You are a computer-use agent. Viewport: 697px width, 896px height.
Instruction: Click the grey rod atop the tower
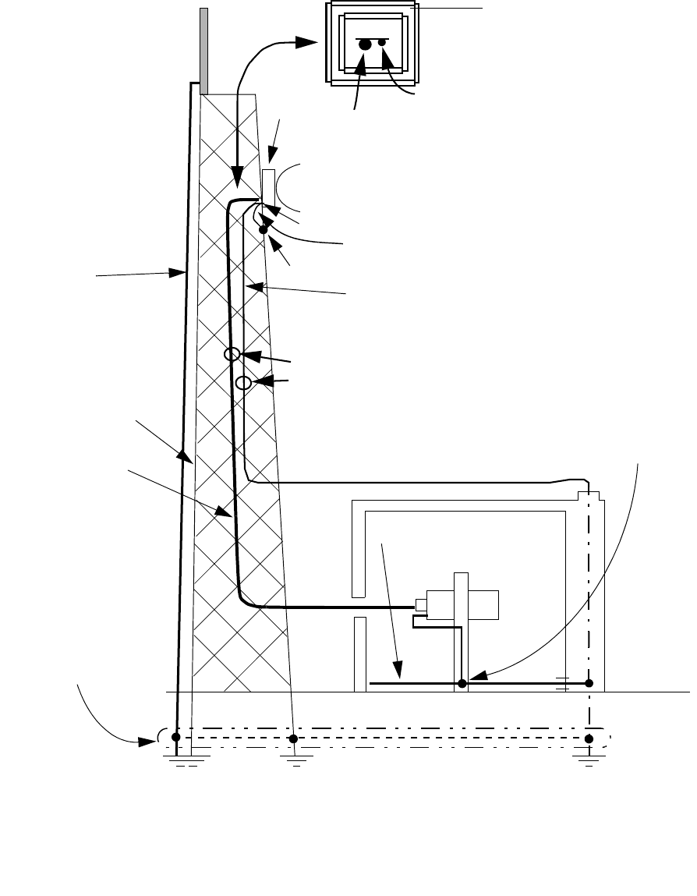(204, 49)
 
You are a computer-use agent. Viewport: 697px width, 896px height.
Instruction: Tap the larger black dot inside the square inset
(364, 46)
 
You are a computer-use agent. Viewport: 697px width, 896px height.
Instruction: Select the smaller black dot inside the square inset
(382, 43)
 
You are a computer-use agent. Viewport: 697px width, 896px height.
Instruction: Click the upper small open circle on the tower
(232, 354)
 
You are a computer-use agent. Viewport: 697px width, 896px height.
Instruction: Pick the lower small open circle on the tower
(243, 383)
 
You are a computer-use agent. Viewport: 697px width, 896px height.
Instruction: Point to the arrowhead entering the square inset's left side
(310, 43)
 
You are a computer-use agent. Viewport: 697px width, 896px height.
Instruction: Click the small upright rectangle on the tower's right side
(268, 185)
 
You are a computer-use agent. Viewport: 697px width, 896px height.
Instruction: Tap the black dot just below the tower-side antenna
(264, 229)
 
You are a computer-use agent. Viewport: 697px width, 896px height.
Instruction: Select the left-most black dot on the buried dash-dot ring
(176, 736)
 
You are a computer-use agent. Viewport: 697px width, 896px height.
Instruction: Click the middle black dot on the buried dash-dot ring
(293, 738)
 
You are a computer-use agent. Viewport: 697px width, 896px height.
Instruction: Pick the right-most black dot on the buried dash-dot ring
(589, 738)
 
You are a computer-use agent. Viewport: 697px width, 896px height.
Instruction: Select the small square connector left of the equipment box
(420, 605)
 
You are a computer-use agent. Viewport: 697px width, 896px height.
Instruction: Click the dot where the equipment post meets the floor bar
(462, 683)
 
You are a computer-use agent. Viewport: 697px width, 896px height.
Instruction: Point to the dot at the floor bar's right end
(589, 683)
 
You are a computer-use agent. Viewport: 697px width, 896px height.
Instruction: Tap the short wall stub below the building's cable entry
(359, 653)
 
